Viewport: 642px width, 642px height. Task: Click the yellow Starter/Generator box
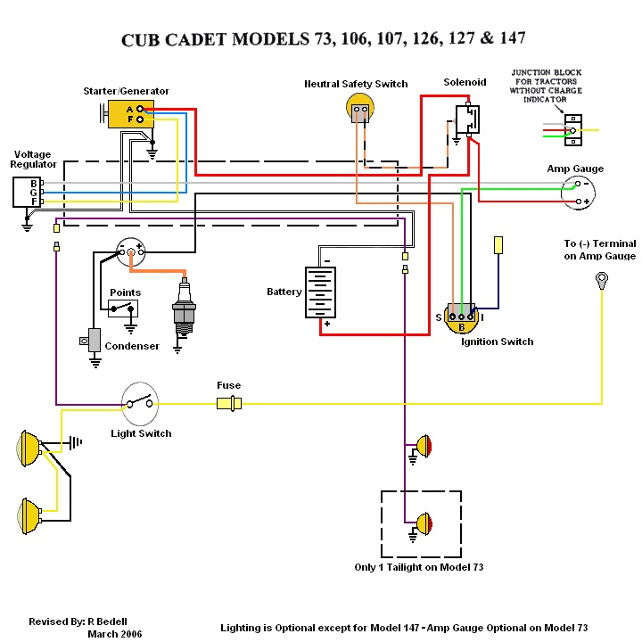pyautogui.click(x=130, y=113)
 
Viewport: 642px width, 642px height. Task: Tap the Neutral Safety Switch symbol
pyautogui.click(x=358, y=111)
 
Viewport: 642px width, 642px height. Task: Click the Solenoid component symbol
pyautogui.click(x=466, y=120)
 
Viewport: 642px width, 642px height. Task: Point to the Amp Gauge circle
pyautogui.click(x=579, y=193)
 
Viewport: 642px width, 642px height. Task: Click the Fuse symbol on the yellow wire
pyautogui.click(x=229, y=404)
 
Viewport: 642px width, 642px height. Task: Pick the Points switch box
pyautogui.click(x=124, y=309)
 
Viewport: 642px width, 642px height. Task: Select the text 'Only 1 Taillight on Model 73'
pyautogui.click(x=418, y=567)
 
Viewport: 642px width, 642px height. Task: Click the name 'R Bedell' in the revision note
pyautogui.click(x=113, y=621)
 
